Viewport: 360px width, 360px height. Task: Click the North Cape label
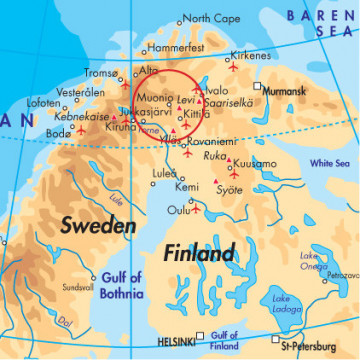coord(212,18)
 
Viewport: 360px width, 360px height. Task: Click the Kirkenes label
coord(251,58)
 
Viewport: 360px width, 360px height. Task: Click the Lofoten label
coord(43,102)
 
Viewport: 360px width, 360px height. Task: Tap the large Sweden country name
coord(98,226)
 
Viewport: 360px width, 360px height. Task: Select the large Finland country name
coord(200,251)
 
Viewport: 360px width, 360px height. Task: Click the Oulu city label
coord(178,210)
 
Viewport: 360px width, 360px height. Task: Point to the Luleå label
coord(164,172)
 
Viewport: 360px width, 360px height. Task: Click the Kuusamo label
coord(257,163)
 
